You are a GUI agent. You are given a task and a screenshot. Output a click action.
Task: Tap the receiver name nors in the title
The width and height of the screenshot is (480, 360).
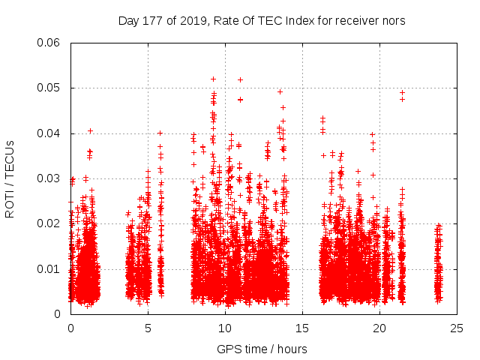point(393,21)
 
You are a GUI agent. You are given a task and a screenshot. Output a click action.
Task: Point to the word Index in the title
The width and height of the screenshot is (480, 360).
point(294,21)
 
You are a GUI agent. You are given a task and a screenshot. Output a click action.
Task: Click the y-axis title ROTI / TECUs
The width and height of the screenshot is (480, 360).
point(10,178)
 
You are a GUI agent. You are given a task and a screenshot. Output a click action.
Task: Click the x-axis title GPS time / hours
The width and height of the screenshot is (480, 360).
point(262,349)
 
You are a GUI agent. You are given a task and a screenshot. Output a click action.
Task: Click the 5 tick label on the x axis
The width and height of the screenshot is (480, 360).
point(148,328)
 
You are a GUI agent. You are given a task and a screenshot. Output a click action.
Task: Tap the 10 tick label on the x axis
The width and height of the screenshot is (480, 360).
point(225,328)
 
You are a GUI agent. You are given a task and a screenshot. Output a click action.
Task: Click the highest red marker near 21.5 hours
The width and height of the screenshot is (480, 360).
point(402,93)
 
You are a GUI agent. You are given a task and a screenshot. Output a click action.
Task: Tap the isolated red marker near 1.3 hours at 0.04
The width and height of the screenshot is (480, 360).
point(90,131)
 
